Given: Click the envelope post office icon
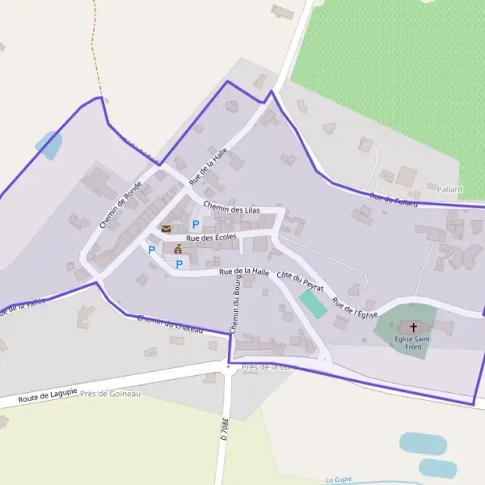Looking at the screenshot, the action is [x=166, y=229].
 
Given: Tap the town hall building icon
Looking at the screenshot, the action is [x=178, y=248].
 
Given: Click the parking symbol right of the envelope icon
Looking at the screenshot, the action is [x=195, y=224].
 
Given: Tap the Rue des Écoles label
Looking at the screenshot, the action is [x=211, y=238].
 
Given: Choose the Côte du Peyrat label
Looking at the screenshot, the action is [x=300, y=282].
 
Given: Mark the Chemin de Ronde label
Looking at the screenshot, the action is [x=121, y=204].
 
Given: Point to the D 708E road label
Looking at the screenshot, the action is [x=226, y=428].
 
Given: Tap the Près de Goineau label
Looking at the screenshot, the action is [x=110, y=394].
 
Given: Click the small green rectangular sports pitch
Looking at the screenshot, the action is [x=313, y=304].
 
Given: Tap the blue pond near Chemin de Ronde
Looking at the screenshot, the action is [x=48, y=145].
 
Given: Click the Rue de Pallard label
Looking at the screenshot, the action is [x=394, y=200].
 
